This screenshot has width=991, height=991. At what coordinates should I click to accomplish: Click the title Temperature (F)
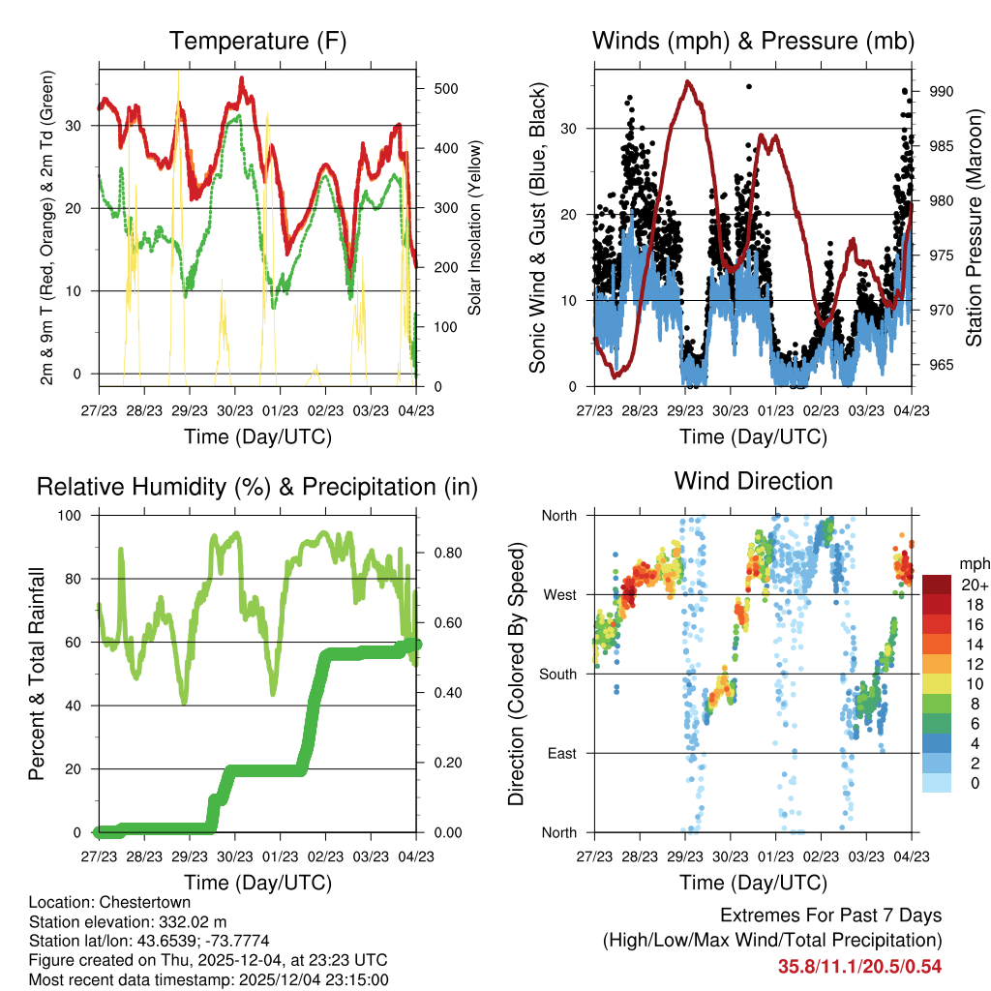[256, 41]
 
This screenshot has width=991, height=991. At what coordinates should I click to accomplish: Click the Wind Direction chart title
[753, 481]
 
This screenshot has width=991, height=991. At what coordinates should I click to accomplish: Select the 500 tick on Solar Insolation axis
[445, 88]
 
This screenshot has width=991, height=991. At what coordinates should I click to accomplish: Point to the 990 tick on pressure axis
[942, 91]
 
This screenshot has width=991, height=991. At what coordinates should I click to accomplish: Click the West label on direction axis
[558, 594]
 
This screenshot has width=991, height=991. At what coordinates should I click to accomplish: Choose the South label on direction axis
[557, 674]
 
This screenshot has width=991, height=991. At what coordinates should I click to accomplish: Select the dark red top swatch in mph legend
[938, 585]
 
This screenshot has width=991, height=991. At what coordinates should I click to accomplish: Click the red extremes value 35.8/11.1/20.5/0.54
[859, 967]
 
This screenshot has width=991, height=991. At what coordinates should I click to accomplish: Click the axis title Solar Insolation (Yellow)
[475, 227]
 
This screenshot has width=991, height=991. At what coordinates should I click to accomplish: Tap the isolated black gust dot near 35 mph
[748, 87]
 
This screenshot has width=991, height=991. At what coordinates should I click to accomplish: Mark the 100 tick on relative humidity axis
[77, 515]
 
